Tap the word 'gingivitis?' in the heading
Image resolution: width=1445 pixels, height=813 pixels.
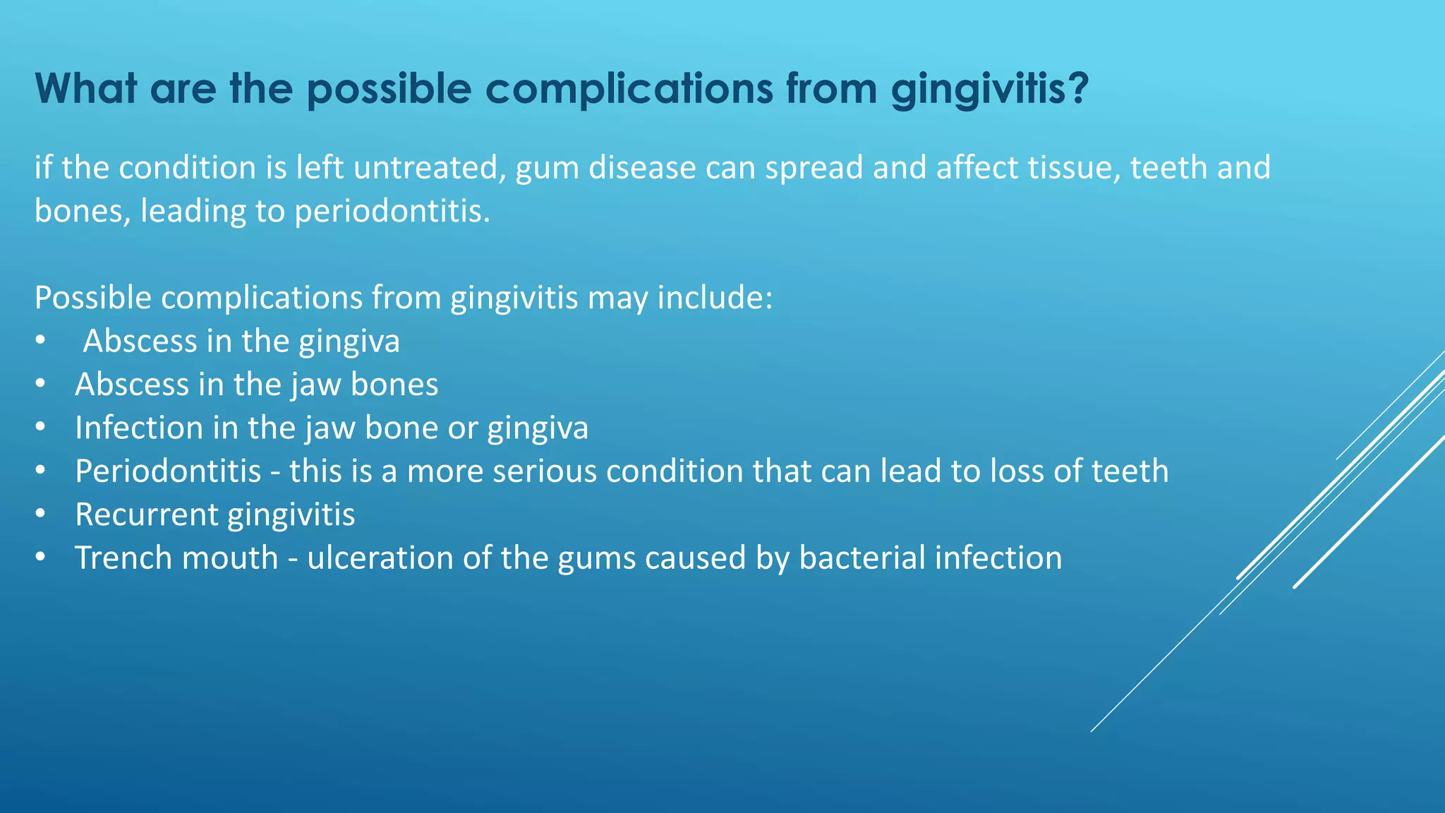[990, 90]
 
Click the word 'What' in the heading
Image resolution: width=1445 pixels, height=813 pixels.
[86, 89]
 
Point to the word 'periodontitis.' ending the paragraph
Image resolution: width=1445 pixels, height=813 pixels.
[392, 211]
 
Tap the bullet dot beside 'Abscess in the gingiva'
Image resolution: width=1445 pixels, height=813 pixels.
[40, 342]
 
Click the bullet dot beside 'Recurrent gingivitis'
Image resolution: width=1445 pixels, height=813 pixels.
[40, 514]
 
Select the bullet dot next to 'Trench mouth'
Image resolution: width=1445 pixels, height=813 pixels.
[40, 558]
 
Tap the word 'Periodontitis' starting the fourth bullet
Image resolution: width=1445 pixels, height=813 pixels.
[168, 471]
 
